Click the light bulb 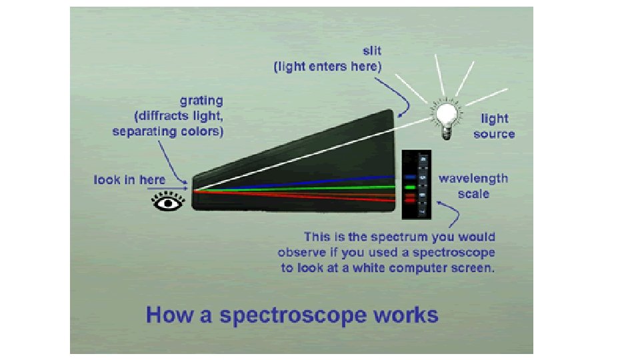[445, 115]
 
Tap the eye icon [167, 201]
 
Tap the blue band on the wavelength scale [411, 177]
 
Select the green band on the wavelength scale [410, 188]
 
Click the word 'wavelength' [473, 179]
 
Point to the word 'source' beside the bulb [494, 134]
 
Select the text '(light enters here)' [327, 67]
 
